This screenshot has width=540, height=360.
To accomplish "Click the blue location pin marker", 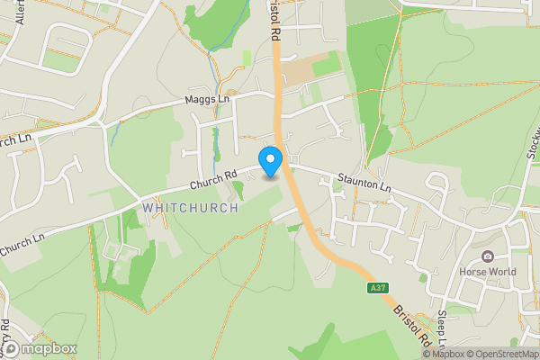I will [270, 162].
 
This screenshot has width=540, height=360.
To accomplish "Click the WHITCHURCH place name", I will [191, 208].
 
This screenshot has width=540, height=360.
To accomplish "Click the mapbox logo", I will [39, 348].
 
